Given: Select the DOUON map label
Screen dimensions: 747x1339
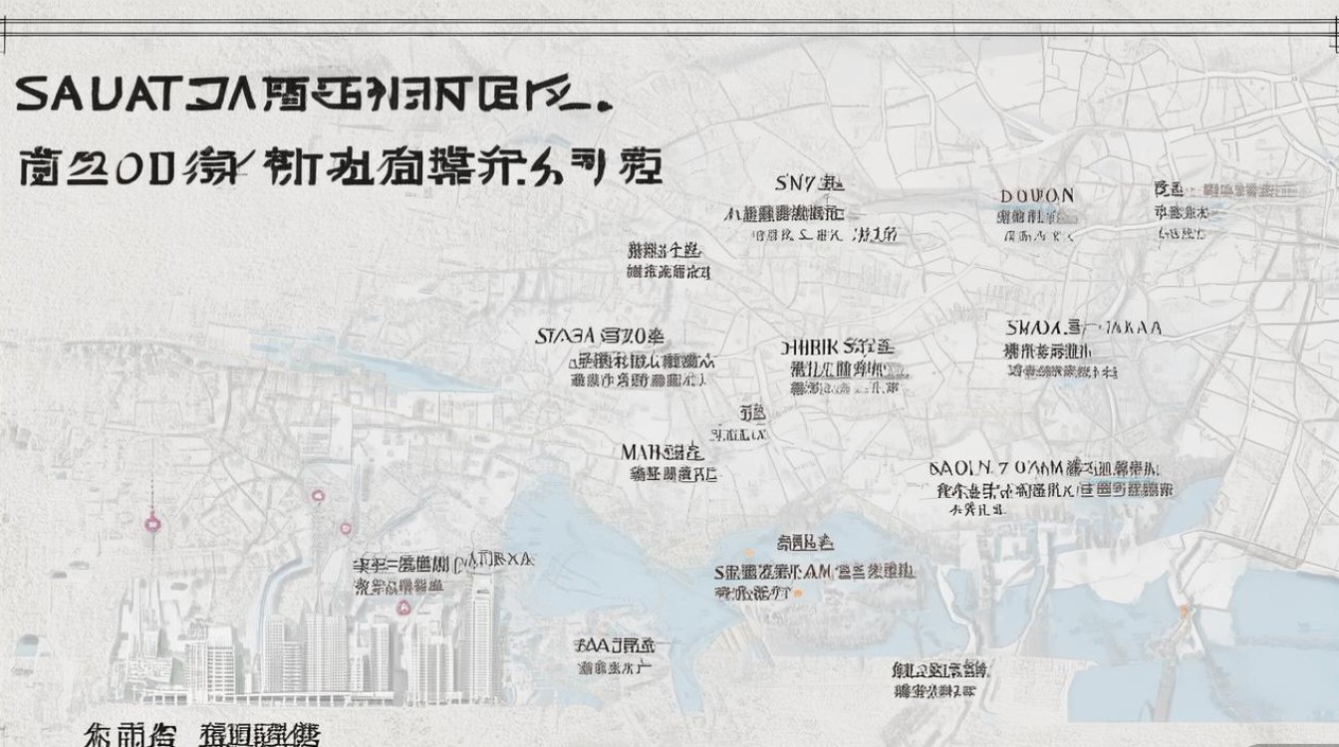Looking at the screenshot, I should coord(1037,196).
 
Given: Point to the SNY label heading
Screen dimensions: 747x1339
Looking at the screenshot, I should coord(795,182).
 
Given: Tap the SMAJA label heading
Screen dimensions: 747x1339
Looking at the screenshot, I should coord(1032,328).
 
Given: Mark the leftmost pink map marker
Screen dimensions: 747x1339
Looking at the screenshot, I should coord(152,521).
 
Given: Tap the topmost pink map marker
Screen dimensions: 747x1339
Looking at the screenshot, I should coord(318,495).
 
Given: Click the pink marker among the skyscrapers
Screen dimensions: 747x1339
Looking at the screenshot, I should coord(404,607).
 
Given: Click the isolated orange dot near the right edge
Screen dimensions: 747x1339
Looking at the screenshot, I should coord(1184,610).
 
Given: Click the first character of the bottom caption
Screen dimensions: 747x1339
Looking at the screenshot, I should coord(100,736).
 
